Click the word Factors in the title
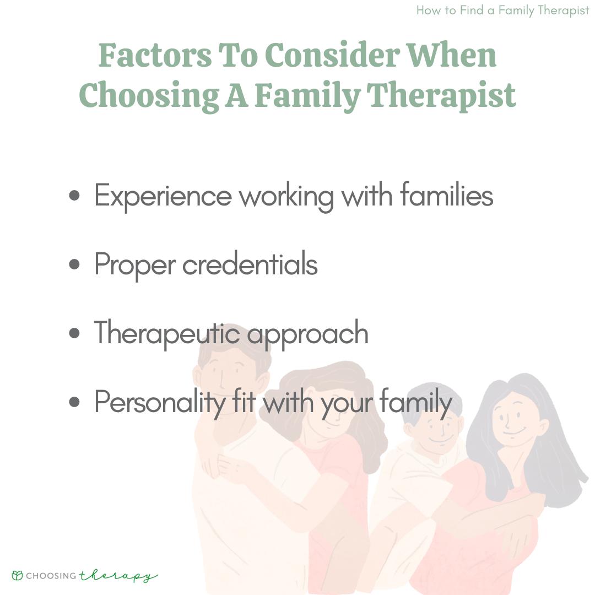pyautogui.click(x=155, y=56)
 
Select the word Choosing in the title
pyautogui.click(x=149, y=96)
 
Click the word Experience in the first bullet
pyautogui.click(x=163, y=197)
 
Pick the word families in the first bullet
pyautogui.click(x=446, y=194)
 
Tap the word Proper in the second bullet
pyautogui.click(x=135, y=265)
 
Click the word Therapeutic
pyautogui.click(x=167, y=333)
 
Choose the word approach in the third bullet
pyautogui.click(x=308, y=334)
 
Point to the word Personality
pyautogui.click(x=160, y=403)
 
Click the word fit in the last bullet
pyautogui.click(x=244, y=401)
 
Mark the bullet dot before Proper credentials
pyautogui.click(x=74, y=264)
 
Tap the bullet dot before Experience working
pyautogui.click(x=74, y=196)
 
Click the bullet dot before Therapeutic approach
pyautogui.click(x=74, y=333)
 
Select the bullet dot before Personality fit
pyautogui.click(x=74, y=402)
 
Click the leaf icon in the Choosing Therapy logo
pyautogui.click(x=18, y=575)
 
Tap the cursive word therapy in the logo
pyautogui.click(x=118, y=576)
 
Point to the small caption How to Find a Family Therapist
pyautogui.click(x=502, y=10)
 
